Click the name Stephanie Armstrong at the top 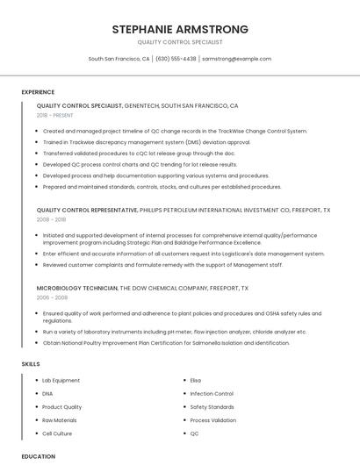pos(180,29)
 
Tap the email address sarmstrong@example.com pos(236,59)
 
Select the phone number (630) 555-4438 pos(176,59)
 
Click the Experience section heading pos(38,92)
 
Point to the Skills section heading pos(31,363)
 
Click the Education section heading pos(39,456)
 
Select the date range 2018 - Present pos(55,115)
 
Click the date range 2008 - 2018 pos(51,220)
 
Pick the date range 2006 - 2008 pos(51,297)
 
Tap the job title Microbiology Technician pos(76,288)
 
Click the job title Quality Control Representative pos(87,211)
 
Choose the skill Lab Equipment pos(61,380)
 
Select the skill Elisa pos(196,380)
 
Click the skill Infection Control pos(212,394)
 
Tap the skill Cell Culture pos(57,433)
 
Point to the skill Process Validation pos(213,420)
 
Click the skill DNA pos(47,394)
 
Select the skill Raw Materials pos(60,420)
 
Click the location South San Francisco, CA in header pos(119,59)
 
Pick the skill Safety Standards pos(212,407)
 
